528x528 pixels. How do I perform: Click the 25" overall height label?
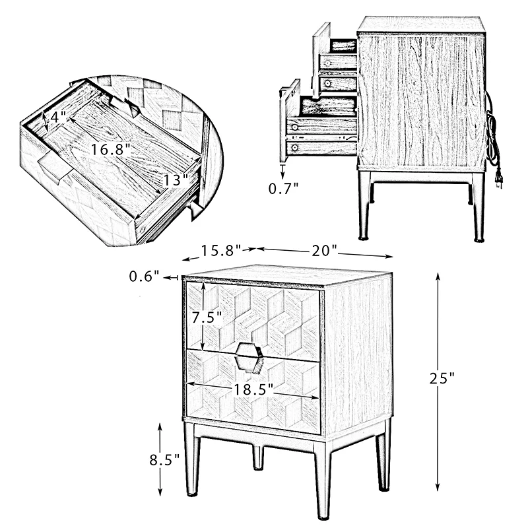(x=442, y=378)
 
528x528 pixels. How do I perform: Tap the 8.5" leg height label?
(x=164, y=459)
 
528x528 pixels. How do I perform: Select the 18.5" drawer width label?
(x=253, y=389)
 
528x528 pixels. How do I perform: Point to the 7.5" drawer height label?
(x=207, y=317)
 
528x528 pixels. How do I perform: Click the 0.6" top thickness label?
(x=144, y=276)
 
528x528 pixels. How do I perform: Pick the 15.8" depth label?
(x=221, y=251)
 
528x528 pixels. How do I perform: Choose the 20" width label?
(x=324, y=251)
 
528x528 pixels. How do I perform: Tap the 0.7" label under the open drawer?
(x=284, y=189)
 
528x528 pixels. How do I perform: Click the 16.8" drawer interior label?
(x=110, y=150)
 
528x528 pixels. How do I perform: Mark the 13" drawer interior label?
(x=175, y=181)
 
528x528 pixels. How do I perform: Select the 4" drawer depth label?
(x=58, y=117)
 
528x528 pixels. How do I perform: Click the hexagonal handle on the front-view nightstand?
(x=249, y=358)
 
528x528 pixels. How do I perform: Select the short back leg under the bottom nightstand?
(x=258, y=457)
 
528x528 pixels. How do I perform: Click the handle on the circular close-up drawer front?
(x=55, y=168)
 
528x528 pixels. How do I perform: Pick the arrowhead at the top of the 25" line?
(x=438, y=277)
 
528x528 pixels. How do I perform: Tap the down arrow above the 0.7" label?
(x=282, y=171)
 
